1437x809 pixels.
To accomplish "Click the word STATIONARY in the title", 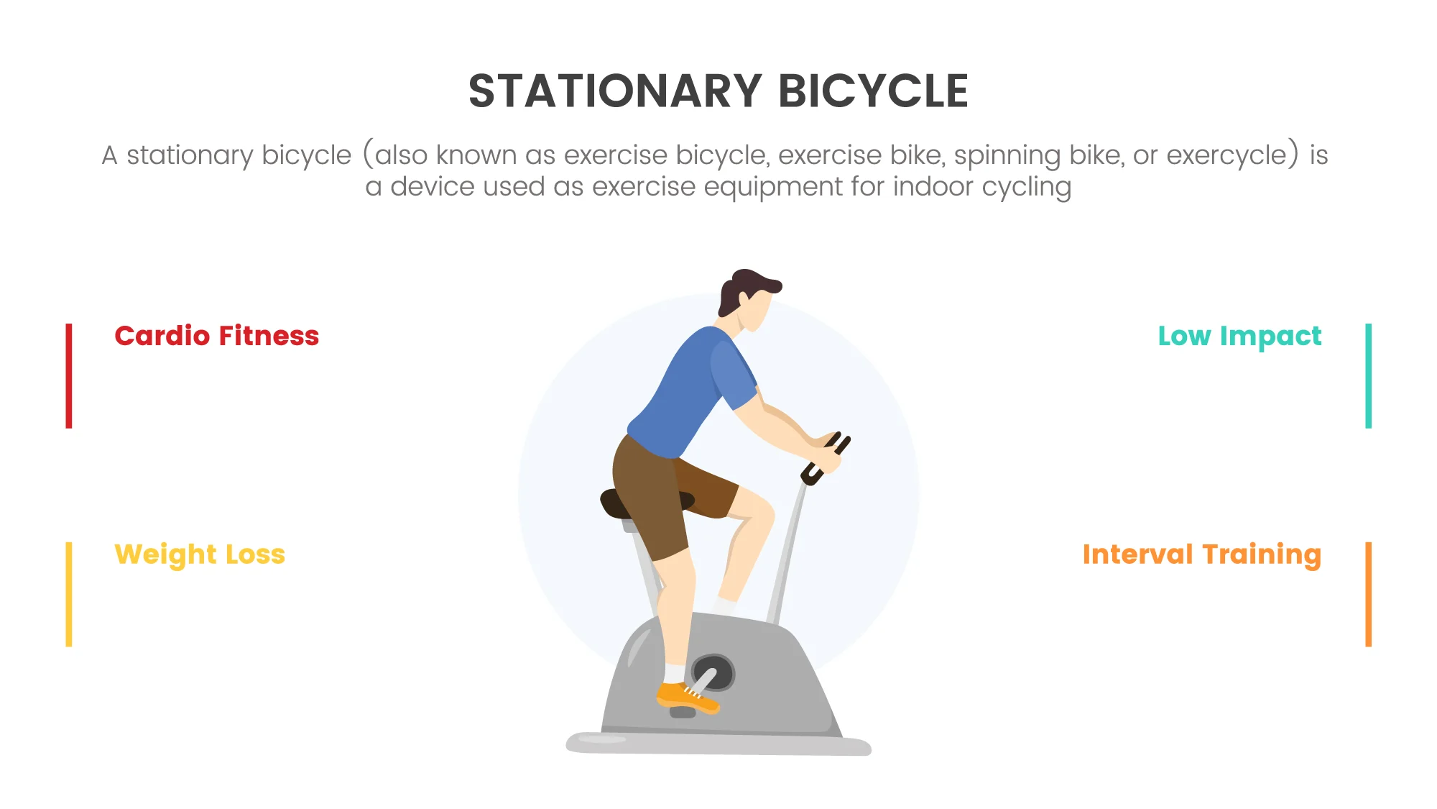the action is pyautogui.click(x=615, y=91).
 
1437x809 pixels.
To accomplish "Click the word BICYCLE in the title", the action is pyautogui.click(x=874, y=91).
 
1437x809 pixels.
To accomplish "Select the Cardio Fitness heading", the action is pyautogui.click(x=216, y=336).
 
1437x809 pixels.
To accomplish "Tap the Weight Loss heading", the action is pyautogui.click(x=200, y=555).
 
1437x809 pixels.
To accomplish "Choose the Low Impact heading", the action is pyautogui.click(x=1239, y=337).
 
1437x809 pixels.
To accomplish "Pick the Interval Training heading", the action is pyautogui.click(x=1202, y=555).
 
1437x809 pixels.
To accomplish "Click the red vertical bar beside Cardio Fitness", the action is pyautogui.click(x=69, y=376).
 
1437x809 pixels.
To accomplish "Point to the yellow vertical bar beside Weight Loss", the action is pyautogui.click(x=69, y=594).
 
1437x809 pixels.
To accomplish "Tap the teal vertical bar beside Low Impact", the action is pyautogui.click(x=1369, y=376).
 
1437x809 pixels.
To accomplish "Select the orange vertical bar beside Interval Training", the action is pyautogui.click(x=1369, y=594).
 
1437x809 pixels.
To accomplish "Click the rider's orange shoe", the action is pyautogui.click(x=686, y=697).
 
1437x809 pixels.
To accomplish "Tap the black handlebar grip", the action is pyautogui.click(x=826, y=459).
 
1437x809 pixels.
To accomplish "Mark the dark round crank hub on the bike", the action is pyautogui.click(x=713, y=673).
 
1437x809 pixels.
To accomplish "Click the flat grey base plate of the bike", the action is pyautogui.click(x=718, y=744).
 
